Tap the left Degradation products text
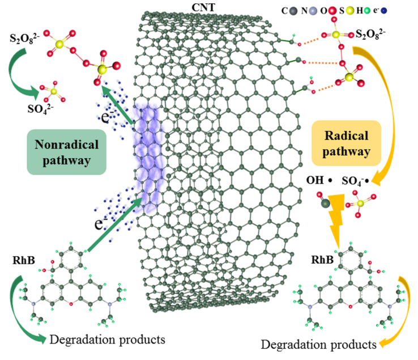[x=108, y=340]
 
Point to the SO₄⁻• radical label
[x=359, y=182]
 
